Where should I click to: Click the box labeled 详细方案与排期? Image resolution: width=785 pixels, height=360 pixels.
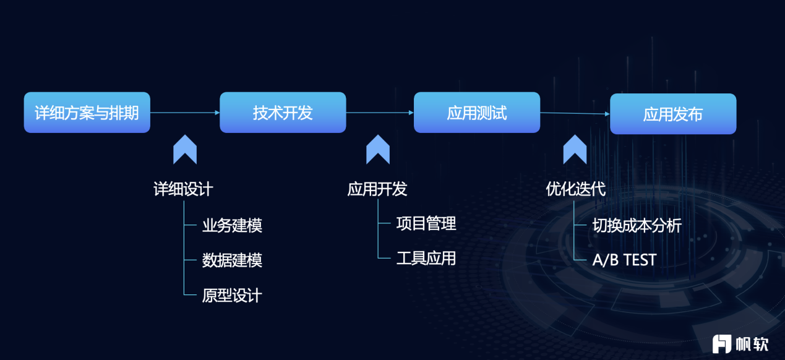pyautogui.click(x=87, y=113)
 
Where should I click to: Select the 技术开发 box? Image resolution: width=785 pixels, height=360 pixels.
pyautogui.click(x=283, y=113)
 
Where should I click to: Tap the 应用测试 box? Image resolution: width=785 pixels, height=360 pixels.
pyautogui.click(x=477, y=113)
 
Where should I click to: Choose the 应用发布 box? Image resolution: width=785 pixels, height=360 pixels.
pyautogui.click(x=673, y=114)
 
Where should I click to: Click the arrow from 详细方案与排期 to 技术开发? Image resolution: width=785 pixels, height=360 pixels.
pyautogui.click(x=185, y=113)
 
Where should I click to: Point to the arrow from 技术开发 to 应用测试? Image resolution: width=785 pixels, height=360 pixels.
pyautogui.click(x=380, y=113)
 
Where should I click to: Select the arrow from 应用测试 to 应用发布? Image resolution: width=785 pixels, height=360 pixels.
pyautogui.click(x=575, y=113)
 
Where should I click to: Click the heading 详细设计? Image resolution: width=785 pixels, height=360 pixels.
pyautogui.click(x=183, y=189)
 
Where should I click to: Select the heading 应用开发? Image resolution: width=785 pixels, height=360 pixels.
pyautogui.click(x=377, y=189)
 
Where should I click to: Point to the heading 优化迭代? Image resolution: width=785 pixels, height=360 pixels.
pyautogui.click(x=575, y=189)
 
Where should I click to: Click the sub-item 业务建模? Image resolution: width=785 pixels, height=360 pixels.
pyautogui.click(x=232, y=225)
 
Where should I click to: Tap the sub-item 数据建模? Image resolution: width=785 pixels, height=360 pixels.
pyautogui.click(x=232, y=260)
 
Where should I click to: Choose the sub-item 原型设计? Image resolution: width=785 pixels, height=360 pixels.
pyautogui.click(x=232, y=296)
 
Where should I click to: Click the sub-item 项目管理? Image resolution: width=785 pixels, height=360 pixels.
pyautogui.click(x=426, y=224)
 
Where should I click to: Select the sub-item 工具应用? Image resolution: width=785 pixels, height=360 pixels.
pyautogui.click(x=426, y=259)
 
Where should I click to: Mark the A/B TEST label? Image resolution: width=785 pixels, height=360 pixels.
pyautogui.click(x=625, y=260)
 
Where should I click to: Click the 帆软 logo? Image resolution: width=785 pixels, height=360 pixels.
pyautogui.click(x=740, y=344)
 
